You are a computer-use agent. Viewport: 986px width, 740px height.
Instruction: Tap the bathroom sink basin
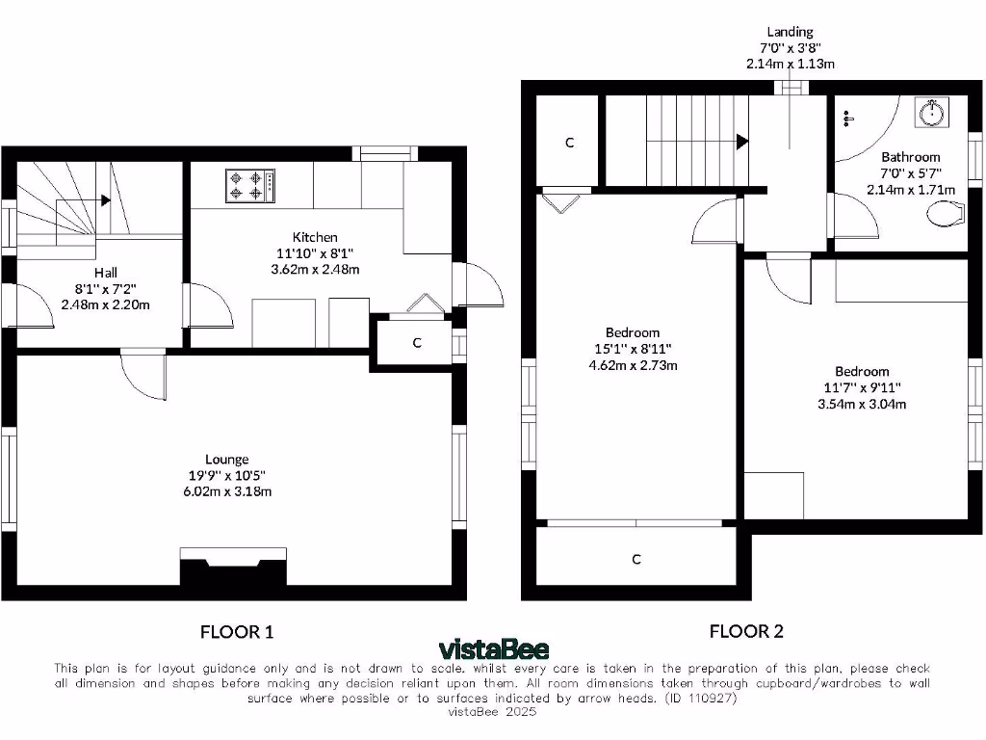931,113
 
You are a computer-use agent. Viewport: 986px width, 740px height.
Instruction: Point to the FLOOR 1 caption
237,632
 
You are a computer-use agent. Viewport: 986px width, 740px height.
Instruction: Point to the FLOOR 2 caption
746,632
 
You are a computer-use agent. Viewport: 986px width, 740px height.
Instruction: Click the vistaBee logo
492,648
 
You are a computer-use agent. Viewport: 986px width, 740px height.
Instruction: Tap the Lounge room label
226,460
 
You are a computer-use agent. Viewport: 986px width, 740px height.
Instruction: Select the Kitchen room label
316,237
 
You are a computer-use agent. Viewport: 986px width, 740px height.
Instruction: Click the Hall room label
106,272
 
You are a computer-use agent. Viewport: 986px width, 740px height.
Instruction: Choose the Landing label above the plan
790,32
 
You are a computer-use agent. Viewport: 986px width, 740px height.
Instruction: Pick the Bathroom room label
911,157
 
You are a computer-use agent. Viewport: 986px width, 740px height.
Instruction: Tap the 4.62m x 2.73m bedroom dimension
633,365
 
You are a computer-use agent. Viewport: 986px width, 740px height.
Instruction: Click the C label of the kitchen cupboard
417,342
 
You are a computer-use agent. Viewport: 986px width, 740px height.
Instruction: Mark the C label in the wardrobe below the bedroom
636,560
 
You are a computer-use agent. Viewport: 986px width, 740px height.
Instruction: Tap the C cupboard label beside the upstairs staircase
569,143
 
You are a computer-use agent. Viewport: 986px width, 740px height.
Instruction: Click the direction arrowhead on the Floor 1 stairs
104,200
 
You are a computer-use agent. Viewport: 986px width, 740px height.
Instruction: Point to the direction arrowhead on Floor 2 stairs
741,142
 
